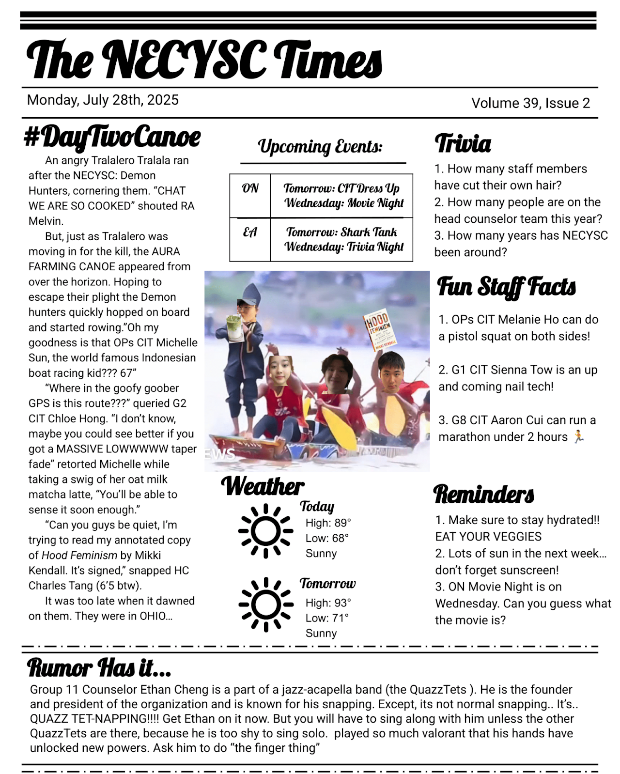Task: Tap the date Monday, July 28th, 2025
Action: [103, 100]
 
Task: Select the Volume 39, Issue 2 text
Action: [530, 103]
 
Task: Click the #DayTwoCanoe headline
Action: [112, 137]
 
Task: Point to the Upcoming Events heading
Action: [320, 146]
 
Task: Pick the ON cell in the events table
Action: [250, 188]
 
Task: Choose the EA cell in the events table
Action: [250, 232]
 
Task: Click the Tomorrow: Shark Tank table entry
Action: [341, 232]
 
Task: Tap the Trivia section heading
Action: [463, 144]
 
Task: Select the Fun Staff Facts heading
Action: [507, 287]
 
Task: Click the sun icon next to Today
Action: [265, 531]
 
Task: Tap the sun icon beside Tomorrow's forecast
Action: [265, 604]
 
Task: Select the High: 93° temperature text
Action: [328, 603]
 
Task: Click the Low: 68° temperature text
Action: [327, 538]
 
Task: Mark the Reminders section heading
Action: [483, 494]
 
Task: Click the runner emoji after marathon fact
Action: [579, 436]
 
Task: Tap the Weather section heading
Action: [263, 486]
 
